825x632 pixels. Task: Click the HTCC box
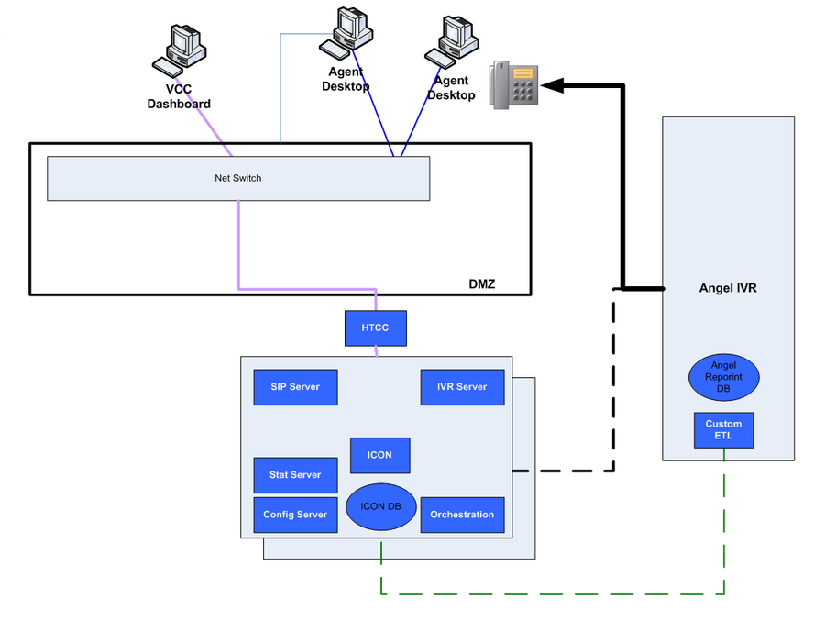tap(375, 328)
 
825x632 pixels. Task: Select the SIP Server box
tap(295, 387)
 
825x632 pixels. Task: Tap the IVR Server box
tap(462, 387)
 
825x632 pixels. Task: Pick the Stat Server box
tap(295, 475)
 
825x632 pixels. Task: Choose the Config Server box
tap(295, 515)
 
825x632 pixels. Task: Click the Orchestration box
tap(462, 515)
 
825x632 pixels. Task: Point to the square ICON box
tap(379, 455)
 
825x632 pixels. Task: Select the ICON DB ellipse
tap(380, 507)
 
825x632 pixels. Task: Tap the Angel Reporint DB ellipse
tap(724, 376)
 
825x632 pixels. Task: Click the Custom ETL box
tap(723, 430)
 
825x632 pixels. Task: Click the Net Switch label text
tap(237, 178)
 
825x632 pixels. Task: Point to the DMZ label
tap(481, 283)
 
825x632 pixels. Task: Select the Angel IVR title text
tap(728, 288)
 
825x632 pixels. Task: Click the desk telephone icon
tap(513, 85)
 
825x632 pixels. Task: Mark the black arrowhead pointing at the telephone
tap(551, 85)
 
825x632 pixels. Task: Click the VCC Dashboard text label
tap(179, 97)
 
